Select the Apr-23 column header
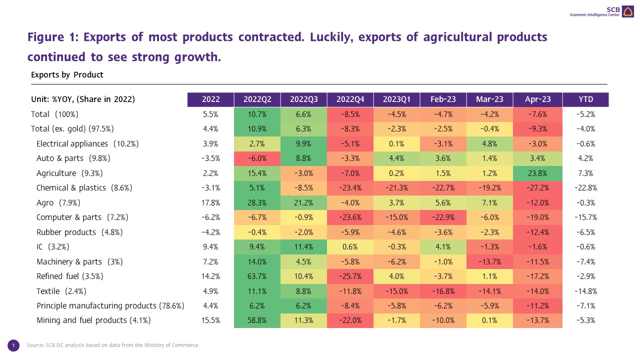(539, 99)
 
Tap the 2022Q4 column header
(350, 99)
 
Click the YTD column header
(585, 99)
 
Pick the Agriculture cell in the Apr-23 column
(539, 173)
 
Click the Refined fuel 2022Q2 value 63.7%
(257, 276)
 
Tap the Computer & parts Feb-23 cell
(443, 217)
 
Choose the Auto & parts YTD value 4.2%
(585, 158)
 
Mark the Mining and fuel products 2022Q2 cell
(257, 320)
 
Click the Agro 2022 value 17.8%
(210, 202)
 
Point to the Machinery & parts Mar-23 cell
(489, 261)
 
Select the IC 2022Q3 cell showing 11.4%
(303, 247)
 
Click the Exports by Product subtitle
(67, 74)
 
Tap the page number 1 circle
(14, 345)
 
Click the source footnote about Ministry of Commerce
(112, 345)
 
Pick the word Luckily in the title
(334, 37)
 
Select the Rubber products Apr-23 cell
(539, 232)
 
